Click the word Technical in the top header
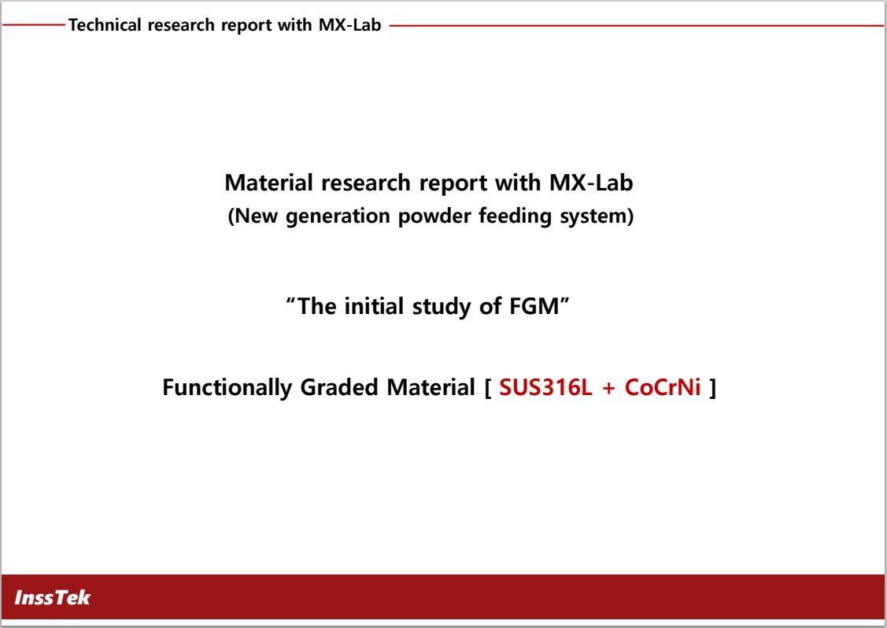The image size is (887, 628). click(x=105, y=25)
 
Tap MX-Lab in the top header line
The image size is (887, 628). click(x=350, y=25)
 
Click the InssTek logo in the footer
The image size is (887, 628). click(x=52, y=597)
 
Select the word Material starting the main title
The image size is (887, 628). click(x=268, y=183)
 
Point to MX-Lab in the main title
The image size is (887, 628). click(x=591, y=183)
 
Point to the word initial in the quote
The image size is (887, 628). click(x=374, y=306)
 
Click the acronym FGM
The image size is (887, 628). click(x=534, y=306)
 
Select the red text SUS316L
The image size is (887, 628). click(x=546, y=387)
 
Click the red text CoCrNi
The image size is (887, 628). click(x=663, y=387)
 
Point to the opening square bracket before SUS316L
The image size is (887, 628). click(x=488, y=388)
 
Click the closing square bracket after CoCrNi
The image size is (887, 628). click(x=713, y=388)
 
